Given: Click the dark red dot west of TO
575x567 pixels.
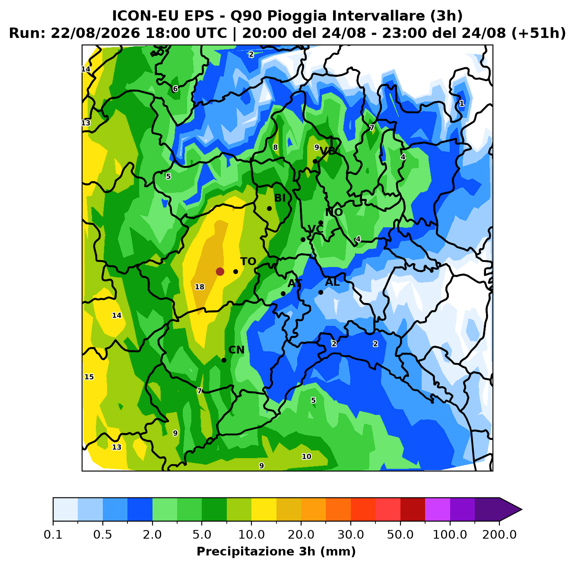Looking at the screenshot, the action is (220, 271).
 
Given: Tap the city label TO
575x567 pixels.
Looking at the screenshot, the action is (248, 261).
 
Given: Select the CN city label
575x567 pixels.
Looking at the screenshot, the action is (236, 350).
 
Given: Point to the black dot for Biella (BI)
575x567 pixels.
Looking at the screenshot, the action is (269, 208).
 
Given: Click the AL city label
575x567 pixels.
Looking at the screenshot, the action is (332, 282).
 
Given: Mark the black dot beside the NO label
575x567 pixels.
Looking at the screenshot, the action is (321, 223).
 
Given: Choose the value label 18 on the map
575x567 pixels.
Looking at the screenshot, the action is (200, 287).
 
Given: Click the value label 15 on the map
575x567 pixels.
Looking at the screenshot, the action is (89, 377).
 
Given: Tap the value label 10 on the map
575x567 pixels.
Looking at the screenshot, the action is (306, 456).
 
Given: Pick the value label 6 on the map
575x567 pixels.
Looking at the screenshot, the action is (175, 89).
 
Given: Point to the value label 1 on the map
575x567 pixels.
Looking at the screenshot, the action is (462, 103).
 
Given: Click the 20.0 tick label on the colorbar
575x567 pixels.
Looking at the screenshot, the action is (301, 535).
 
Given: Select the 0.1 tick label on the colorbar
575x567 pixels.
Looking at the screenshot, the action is (53, 535).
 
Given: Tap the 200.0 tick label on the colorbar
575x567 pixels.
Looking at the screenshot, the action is (499, 535).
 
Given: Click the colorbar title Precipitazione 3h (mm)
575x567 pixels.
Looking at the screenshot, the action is (276, 551).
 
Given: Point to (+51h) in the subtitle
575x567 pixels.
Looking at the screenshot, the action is (538, 33).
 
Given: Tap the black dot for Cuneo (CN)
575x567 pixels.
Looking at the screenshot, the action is (224, 360).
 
